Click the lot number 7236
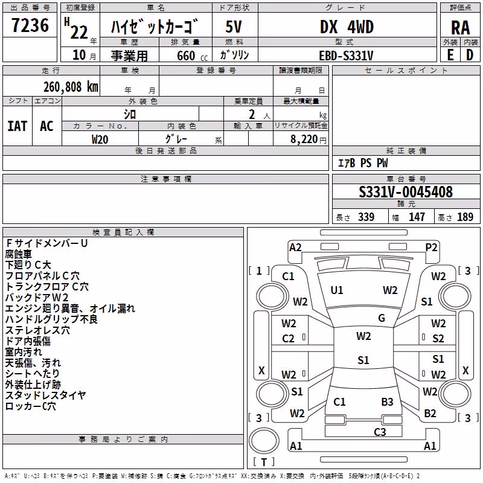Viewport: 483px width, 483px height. pos(30,25)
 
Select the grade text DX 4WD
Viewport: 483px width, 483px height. pos(347,27)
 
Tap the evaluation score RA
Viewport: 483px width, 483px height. pos(460,28)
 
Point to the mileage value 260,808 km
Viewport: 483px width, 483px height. pos(71,87)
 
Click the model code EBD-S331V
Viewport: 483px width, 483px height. pos(346,56)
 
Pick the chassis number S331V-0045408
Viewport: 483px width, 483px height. pos(406,192)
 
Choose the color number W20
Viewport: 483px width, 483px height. pos(100,139)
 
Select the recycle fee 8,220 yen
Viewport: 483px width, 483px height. pos(308,139)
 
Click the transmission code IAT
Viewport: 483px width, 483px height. pos(17,126)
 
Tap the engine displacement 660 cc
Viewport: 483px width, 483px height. pos(192,56)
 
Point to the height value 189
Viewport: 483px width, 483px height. pos(465,217)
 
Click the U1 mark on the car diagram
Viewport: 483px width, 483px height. pos(336,290)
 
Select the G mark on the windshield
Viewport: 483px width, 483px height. pos(382,318)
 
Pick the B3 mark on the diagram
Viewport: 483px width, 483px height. pos(387,401)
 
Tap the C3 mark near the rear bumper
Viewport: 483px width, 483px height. pos(380,432)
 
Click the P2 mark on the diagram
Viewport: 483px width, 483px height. pos(431,248)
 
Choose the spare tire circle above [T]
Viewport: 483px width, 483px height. pos(264,441)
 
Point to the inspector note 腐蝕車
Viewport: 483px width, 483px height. pos(19,254)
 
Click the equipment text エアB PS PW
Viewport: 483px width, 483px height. pos(363,163)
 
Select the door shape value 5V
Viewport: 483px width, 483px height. pos(234,27)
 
